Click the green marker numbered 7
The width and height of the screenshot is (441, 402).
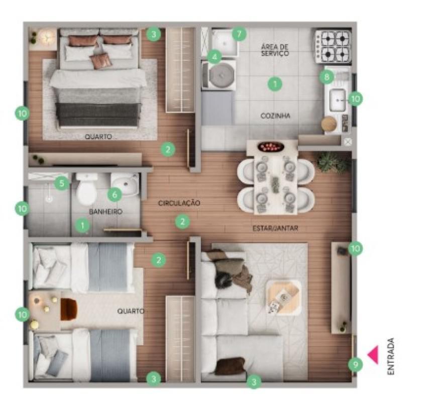tap(239, 35)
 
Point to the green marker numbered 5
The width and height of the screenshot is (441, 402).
tap(62, 183)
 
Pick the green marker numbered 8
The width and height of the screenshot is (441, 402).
tap(326, 77)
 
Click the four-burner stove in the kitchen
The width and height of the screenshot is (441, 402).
tap(332, 46)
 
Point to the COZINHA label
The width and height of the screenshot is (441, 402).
tap(275, 116)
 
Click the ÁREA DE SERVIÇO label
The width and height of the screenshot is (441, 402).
tap(275, 50)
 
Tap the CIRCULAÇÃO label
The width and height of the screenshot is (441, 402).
tap(179, 204)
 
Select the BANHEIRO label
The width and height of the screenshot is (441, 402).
tap(105, 212)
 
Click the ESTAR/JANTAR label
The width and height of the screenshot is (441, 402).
tap(275, 228)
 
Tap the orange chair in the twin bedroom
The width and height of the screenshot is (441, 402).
tap(68, 309)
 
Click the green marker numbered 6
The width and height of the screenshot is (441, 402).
tap(114, 193)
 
